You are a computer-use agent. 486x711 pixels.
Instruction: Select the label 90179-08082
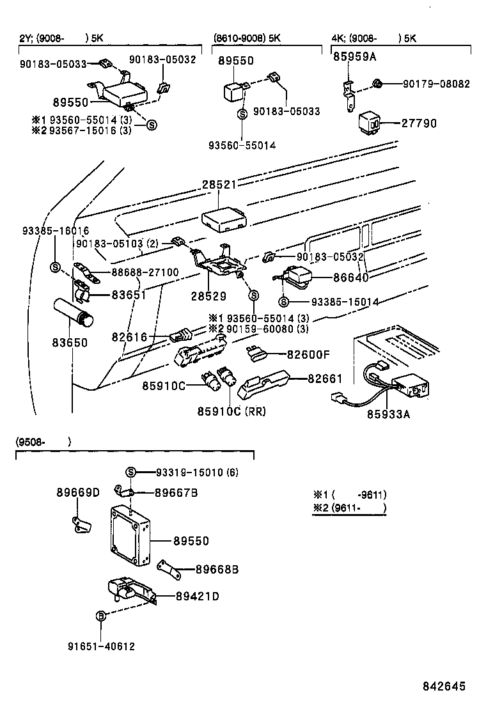[435, 84]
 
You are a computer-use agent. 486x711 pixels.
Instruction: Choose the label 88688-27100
[145, 272]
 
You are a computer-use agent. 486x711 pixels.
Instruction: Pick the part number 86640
[352, 278]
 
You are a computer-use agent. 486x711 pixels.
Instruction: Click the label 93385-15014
[345, 301]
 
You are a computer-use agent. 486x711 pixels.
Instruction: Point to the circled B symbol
[100, 616]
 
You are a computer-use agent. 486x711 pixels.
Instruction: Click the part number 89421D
[198, 597]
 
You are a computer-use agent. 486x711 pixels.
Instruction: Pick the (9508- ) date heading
[42, 442]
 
